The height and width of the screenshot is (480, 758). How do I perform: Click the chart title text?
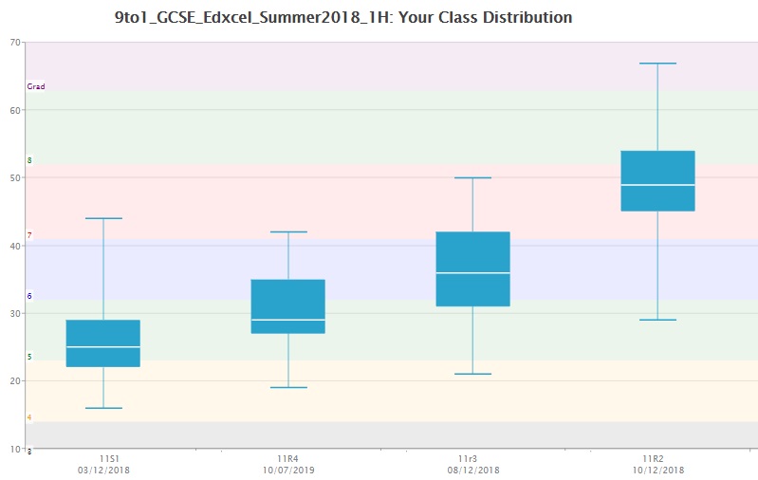coord(342,17)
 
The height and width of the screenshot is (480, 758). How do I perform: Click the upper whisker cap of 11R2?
coord(657,64)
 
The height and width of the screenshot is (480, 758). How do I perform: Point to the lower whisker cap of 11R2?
coord(657,320)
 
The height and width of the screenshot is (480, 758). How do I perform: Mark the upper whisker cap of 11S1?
coord(102,218)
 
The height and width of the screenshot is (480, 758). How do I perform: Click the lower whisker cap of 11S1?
coord(102,408)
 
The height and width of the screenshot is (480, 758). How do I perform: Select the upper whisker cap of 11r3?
coord(472,177)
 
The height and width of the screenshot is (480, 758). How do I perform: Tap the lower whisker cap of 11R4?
coord(287,387)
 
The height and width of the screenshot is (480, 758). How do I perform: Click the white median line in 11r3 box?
coord(472,273)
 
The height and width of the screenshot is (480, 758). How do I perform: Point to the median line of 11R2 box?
coord(657,185)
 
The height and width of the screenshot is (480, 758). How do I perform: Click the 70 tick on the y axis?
coord(15,42)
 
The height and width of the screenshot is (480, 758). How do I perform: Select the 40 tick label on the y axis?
coord(15,246)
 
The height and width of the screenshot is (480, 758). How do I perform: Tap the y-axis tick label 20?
coord(15,381)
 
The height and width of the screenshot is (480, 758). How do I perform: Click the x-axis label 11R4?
coord(287,459)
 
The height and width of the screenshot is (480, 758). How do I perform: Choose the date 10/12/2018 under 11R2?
coord(657,471)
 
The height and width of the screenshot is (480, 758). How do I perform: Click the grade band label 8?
coord(29,160)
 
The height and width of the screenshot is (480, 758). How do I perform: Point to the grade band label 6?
coord(29,296)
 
